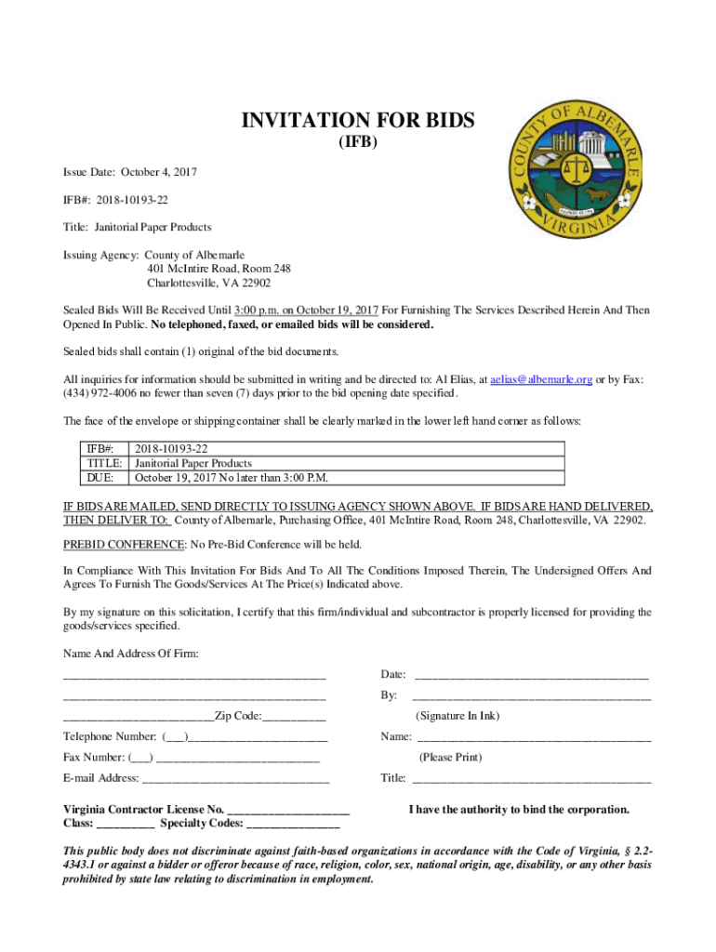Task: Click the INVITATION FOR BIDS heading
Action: click(358, 121)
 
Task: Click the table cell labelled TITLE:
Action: click(106, 463)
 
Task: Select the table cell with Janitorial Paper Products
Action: click(193, 463)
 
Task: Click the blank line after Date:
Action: click(530, 675)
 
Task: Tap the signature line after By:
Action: click(530, 696)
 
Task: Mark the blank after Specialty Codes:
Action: click(294, 825)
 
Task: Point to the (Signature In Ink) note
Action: click(457, 716)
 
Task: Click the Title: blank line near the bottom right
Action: click(530, 779)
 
